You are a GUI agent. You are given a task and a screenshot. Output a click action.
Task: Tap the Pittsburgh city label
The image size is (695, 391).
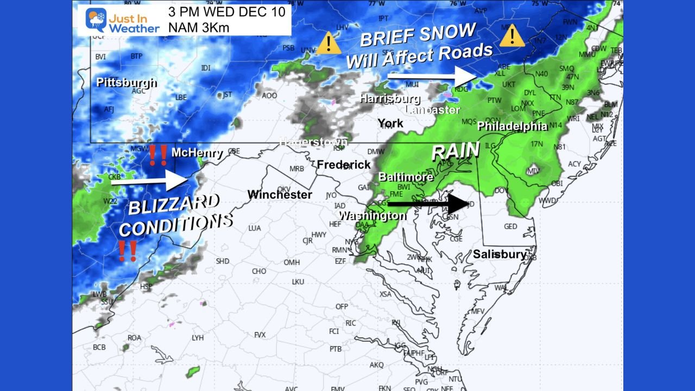point(127,83)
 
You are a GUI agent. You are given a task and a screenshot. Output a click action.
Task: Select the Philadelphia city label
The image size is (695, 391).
point(512,126)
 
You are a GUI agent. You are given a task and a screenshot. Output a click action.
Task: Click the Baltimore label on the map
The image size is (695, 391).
point(406,176)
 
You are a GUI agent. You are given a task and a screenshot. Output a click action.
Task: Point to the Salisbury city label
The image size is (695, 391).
point(500,254)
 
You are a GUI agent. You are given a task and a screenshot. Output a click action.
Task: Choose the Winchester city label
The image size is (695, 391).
point(280,194)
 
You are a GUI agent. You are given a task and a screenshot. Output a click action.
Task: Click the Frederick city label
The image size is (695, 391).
point(344,165)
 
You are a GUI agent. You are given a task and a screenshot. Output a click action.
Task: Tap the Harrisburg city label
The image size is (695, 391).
point(390,99)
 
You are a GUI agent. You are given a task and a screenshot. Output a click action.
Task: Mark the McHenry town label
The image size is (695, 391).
point(197,153)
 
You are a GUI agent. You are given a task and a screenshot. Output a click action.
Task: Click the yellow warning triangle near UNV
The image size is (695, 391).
point(328,43)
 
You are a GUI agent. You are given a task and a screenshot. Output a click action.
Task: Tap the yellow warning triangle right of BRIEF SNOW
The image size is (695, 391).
point(511,36)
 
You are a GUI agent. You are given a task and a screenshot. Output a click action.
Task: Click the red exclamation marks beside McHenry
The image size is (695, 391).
point(158,155)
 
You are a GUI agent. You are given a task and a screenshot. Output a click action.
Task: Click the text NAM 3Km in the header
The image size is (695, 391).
point(195,27)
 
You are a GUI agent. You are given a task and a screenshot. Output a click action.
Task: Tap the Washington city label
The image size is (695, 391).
point(372,216)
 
